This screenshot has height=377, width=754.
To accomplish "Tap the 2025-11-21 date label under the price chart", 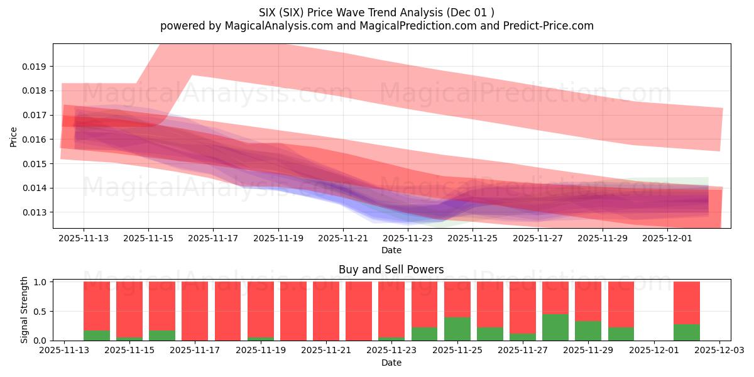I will pyautogui.click(x=343, y=238).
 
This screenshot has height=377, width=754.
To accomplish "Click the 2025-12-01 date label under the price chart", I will pyautogui.click(x=667, y=238).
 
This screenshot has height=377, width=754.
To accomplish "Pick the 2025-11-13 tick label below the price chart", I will pyautogui.click(x=84, y=238).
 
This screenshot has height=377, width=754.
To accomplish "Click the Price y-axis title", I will pyautogui.click(x=13, y=136).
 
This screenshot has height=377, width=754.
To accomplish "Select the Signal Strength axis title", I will pyautogui.click(x=24, y=310).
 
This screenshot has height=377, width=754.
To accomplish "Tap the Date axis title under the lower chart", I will pyautogui.click(x=391, y=363).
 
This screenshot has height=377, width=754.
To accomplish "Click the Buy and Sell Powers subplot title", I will pyautogui.click(x=391, y=270).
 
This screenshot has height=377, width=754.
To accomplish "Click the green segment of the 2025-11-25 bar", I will pyautogui.click(x=457, y=329).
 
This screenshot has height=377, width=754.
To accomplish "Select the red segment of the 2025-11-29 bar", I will pyautogui.click(x=588, y=301).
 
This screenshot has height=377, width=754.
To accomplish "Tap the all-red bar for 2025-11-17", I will pyautogui.click(x=195, y=311).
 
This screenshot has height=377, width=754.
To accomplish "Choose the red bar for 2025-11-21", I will pyautogui.click(x=325, y=311).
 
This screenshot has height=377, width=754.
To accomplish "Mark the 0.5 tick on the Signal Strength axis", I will pyautogui.click(x=40, y=312).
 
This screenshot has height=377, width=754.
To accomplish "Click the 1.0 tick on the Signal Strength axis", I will pyautogui.click(x=40, y=282).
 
